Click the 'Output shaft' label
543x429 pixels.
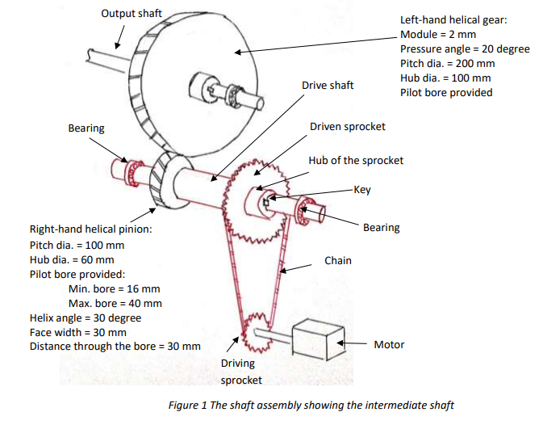(132, 14)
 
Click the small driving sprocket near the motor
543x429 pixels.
(256, 331)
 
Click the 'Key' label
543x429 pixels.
(361, 190)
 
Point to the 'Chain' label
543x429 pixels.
(338, 260)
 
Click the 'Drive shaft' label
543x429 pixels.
(327, 85)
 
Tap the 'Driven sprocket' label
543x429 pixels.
(347, 127)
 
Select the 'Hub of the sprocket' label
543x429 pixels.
(355, 160)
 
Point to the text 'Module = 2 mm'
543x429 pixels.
(438, 35)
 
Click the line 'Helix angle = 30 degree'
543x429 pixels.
(85, 318)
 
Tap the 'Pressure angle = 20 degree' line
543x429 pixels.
(465, 49)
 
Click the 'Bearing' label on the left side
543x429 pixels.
(86, 128)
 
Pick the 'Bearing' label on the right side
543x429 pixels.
(381, 228)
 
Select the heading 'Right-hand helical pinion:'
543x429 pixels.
(90, 229)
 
